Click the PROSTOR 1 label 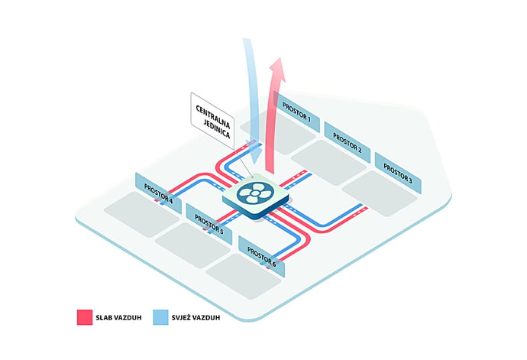coord(296,112)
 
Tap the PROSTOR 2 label coord(348,143)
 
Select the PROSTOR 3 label coord(398,174)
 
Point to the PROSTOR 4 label coord(158,193)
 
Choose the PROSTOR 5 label coord(209,224)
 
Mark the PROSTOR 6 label coord(261,256)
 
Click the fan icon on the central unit coord(255,193)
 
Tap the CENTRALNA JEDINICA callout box coord(213,121)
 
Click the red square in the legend coord(85,317)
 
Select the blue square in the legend coord(160,317)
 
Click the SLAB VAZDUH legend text coord(118,318)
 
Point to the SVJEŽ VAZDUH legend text coord(196,317)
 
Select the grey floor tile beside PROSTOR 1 coord(278,132)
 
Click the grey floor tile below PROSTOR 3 coord(380,193)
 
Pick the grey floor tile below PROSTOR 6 coord(244,276)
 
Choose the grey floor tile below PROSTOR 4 coord(141,214)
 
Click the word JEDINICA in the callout coord(217,129)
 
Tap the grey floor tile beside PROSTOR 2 coord(328,163)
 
